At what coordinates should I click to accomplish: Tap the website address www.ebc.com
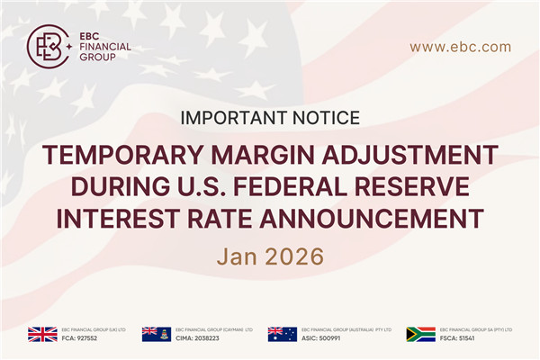pyautogui.click(x=460, y=47)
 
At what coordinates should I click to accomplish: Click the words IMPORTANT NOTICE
pyautogui.click(x=270, y=118)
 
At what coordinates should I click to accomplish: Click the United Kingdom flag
pyautogui.click(x=41, y=334)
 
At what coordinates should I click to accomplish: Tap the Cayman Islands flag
pyautogui.click(x=157, y=334)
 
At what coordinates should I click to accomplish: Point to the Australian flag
pyautogui.click(x=283, y=334)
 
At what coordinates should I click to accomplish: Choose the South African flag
pyautogui.click(x=420, y=334)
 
